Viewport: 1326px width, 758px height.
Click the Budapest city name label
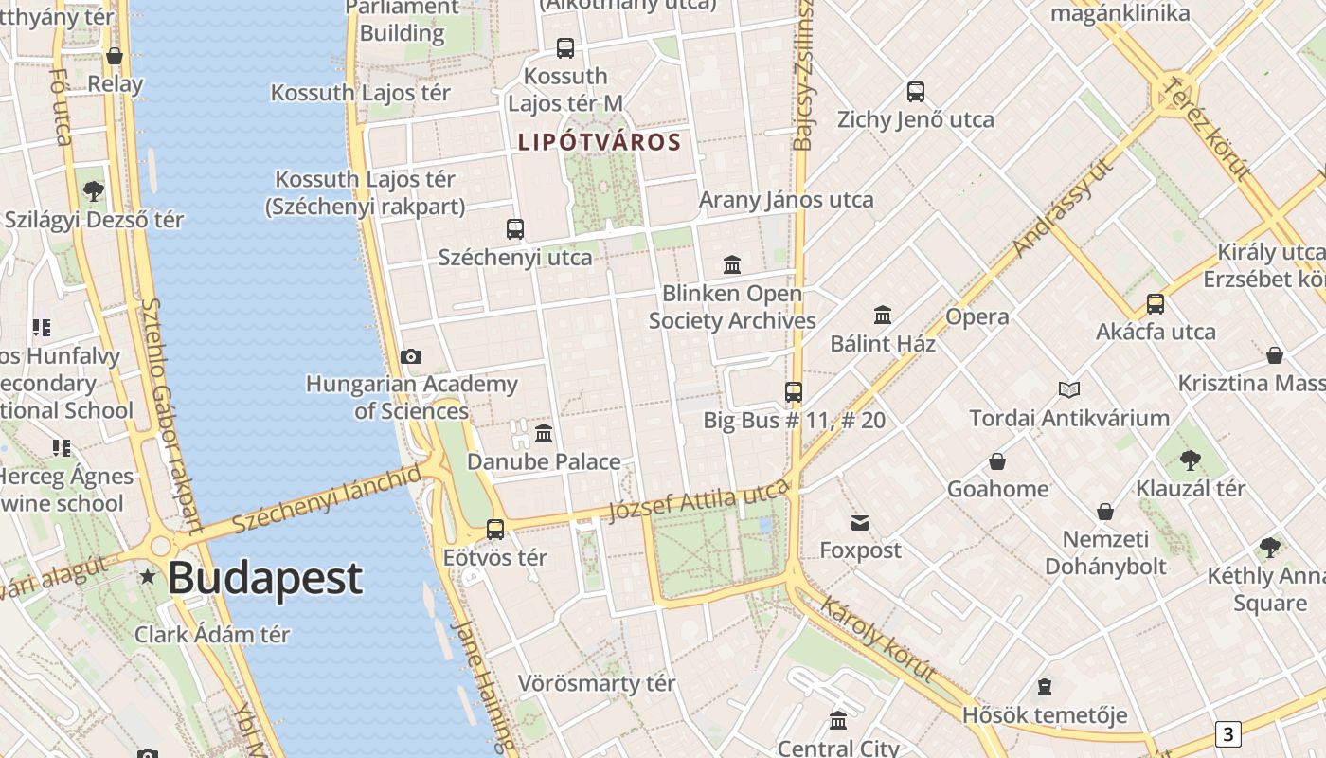click(265, 578)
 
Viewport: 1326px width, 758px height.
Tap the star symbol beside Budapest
click(148, 576)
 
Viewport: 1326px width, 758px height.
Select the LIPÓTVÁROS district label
click(600, 142)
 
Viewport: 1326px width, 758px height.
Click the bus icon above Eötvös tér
click(495, 530)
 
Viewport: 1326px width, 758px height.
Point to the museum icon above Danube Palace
click(544, 434)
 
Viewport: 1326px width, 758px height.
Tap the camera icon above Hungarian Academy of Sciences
click(410, 356)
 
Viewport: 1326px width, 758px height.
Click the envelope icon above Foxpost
click(860, 522)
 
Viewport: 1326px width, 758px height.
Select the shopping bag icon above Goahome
click(997, 461)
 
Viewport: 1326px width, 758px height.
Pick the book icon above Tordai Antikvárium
click(1069, 389)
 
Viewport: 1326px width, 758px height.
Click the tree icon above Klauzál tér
click(1191, 460)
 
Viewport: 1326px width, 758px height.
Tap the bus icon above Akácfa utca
click(1156, 304)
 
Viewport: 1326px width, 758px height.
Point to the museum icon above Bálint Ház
click(883, 315)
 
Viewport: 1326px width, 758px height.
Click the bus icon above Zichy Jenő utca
click(915, 92)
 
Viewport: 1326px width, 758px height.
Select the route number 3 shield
click(1228, 733)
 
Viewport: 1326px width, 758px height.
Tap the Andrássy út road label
click(1063, 208)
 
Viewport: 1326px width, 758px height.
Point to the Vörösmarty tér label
click(597, 683)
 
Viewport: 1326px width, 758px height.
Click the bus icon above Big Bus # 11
click(794, 391)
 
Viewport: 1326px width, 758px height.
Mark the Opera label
click(977, 316)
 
